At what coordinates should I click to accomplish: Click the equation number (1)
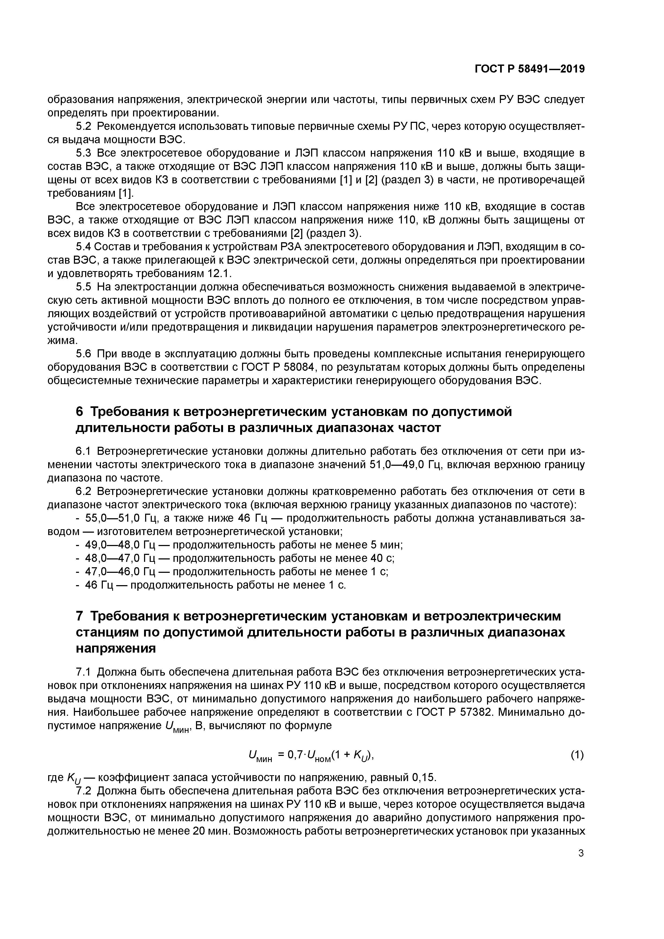tap(577, 755)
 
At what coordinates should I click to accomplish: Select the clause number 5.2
tap(84, 126)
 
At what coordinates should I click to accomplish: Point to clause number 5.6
tap(84, 354)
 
